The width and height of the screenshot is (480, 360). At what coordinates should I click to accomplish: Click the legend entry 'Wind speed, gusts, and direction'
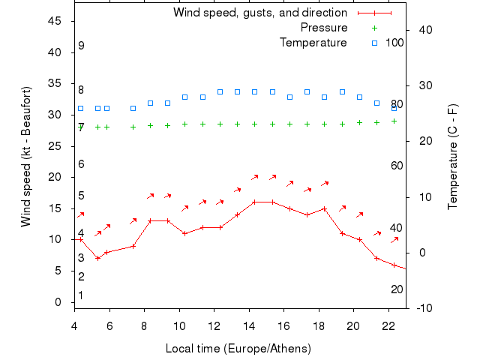click(259, 13)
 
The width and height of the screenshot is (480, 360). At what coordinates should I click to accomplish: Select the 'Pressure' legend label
click(323, 28)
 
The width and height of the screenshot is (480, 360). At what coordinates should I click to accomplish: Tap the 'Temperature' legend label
click(313, 43)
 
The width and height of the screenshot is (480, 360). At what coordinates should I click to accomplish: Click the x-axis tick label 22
click(388, 325)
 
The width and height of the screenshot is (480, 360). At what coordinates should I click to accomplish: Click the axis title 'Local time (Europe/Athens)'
click(238, 349)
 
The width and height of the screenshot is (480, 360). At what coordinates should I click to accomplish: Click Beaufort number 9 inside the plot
click(81, 46)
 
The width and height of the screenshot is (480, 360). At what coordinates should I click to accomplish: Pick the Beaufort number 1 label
click(81, 295)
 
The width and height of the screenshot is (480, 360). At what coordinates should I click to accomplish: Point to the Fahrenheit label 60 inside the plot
click(397, 166)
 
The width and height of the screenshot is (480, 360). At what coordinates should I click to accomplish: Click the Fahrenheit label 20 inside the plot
click(397, 289)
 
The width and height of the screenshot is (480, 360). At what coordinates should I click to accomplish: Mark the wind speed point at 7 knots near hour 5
click(97, 258)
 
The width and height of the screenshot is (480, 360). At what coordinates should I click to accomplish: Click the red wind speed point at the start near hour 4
click(81, 239)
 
